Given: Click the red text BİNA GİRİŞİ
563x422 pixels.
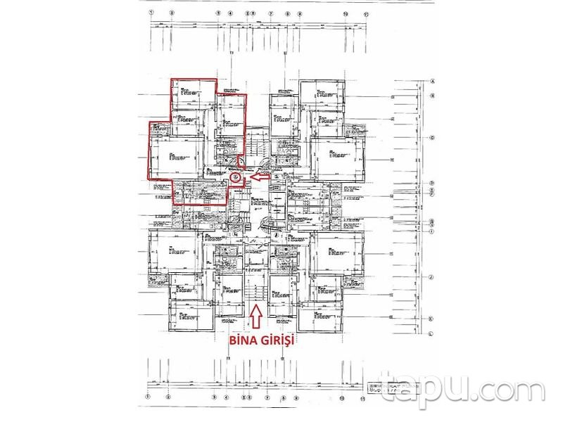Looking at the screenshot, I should click(258, 340).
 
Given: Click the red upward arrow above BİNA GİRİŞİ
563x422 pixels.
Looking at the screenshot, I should click(258, 317).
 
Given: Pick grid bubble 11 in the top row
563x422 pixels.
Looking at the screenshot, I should click(366, 13).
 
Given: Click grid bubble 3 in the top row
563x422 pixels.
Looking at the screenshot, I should click(219, 13).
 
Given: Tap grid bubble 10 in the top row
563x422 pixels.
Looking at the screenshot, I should click(345, 13).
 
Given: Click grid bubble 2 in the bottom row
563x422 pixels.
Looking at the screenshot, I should click(169, 397).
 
